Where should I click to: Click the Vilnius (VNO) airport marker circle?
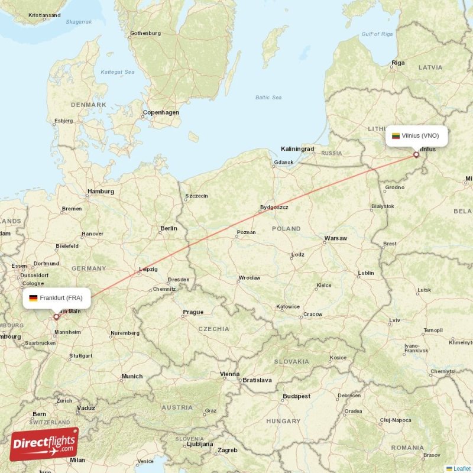(416, 155)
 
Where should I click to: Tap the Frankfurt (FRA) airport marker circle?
(57, 317)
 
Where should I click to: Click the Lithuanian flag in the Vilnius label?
(396, 135)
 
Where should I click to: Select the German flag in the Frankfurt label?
(33, 298)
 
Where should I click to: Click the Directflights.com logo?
(44, 444)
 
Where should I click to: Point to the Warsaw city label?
(335, 239)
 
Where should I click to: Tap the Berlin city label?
(169, 228)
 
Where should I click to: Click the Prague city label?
(193, 312)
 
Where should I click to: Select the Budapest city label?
(296, 396)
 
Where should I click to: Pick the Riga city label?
(398, 63)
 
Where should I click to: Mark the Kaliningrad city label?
(297, 149)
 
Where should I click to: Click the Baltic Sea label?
(268, 98)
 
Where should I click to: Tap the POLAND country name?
(286, 228)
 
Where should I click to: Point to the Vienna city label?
(229, 374)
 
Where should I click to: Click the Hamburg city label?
(100, 192)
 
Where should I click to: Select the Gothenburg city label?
(145, 33)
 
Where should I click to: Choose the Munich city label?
(131, 376)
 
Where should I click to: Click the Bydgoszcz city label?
(274, 208)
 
